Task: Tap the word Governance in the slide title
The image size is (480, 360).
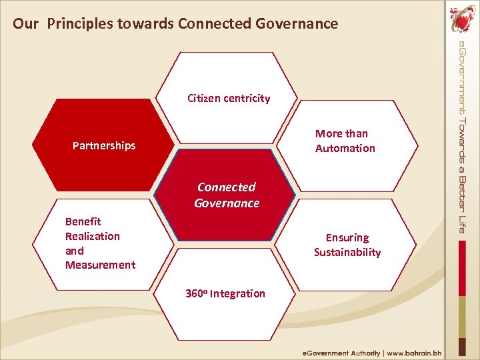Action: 297,24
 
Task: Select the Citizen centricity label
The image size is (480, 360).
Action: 229,99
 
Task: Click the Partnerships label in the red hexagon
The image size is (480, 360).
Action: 104,145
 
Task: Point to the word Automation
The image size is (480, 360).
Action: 345,148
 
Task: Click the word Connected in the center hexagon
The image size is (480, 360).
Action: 227,187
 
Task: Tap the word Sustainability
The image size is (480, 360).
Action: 347,252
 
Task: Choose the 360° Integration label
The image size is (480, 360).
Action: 225,294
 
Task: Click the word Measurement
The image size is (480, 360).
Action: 100,265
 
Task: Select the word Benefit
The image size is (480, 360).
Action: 83,221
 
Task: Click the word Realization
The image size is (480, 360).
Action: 92,236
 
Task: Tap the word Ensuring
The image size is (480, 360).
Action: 347,237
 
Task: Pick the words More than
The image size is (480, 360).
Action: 341,133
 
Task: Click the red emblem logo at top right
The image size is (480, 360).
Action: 461,20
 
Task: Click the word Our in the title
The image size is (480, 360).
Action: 25,24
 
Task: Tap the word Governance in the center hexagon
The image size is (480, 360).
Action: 227,203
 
